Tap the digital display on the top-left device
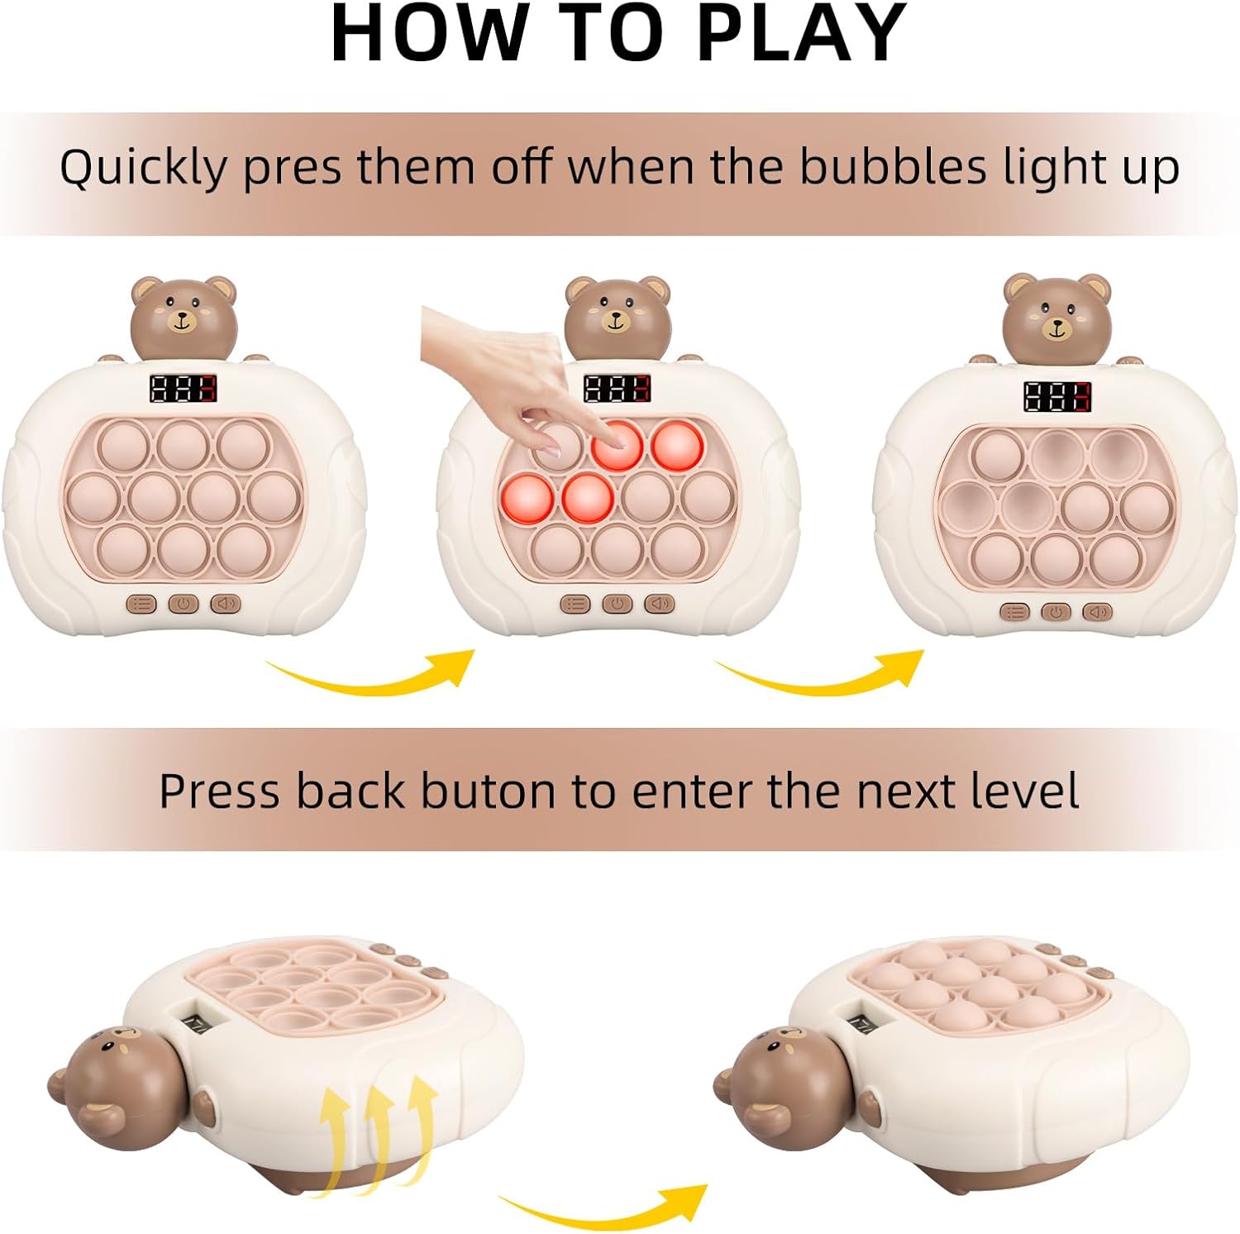[183, 389]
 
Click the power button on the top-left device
[184, 605]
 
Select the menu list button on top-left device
[142, 605]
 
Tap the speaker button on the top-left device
[225, 605]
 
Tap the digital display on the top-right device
[1056, 397]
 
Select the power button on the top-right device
[1056, 612]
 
